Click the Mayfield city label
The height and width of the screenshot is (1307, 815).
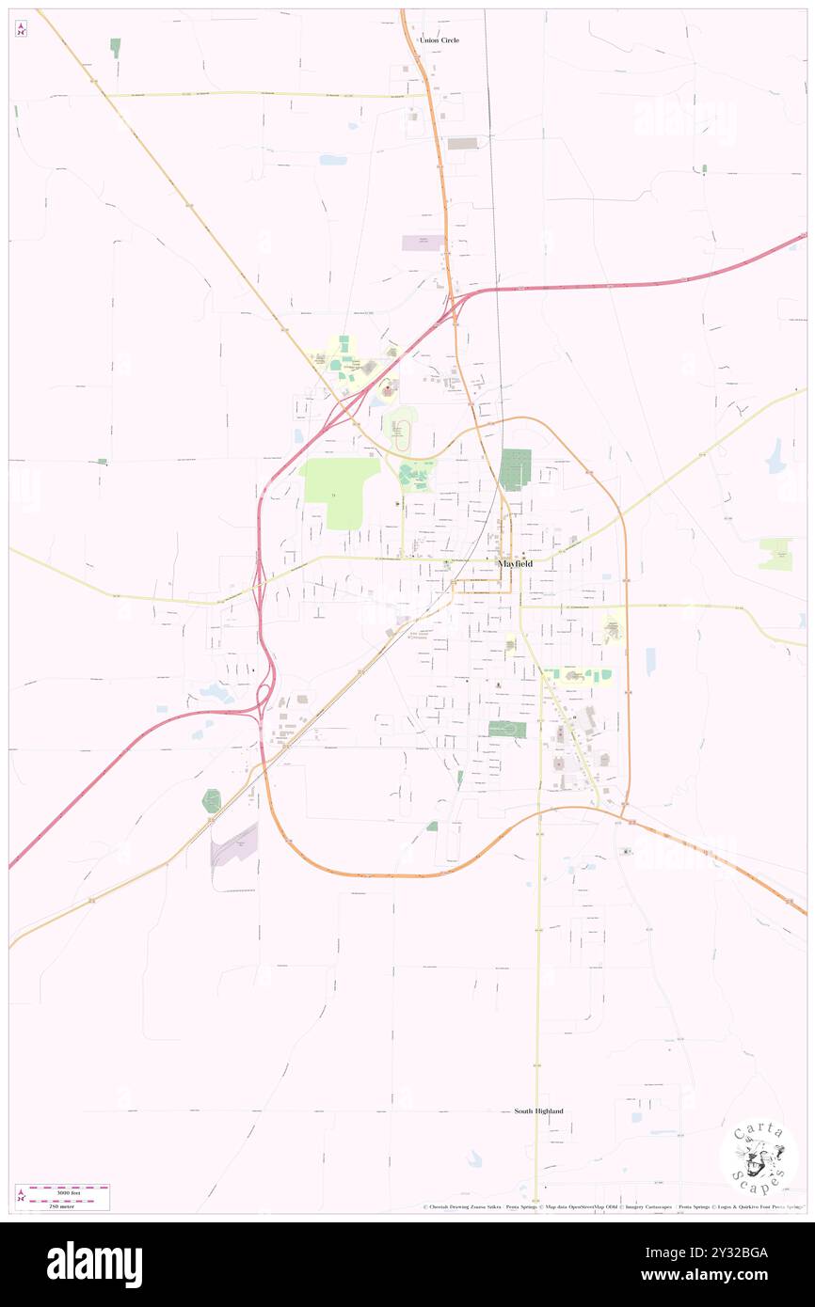(515, 563)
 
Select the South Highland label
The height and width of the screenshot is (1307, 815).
(538, 1111)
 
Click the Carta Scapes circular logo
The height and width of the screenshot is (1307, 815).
(759, 1157)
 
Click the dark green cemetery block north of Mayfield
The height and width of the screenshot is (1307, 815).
(515, 469)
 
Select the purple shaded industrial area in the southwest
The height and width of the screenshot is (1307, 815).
(234, 844)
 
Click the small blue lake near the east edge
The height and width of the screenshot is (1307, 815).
(775, 456)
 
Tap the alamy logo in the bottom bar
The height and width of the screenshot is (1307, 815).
(94, 1264)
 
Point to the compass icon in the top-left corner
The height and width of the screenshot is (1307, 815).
(21, 29)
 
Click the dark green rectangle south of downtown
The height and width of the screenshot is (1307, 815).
(506, 729)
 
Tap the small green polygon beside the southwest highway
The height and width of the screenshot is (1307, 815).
(212, 800)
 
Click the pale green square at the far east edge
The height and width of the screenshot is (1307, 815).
(775, 555)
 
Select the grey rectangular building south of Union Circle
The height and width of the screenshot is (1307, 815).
(462, 143)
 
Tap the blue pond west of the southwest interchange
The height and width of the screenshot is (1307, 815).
(216, 694)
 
